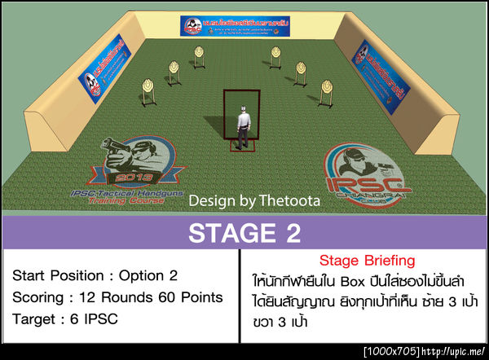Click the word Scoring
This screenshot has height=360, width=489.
point(37,297)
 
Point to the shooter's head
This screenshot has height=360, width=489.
point(242,108)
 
